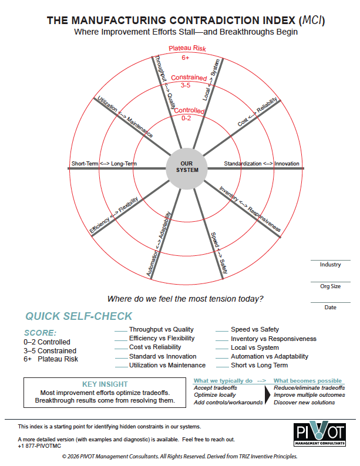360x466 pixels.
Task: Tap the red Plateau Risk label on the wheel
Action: click(185, 49)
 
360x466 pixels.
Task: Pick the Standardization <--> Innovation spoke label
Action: click(262, 163)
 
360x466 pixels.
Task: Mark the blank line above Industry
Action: click(330, 260)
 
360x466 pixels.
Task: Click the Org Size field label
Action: click(330, 286)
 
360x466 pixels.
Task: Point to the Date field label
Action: click(330, 308)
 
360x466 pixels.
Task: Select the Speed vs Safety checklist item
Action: click(255, 330)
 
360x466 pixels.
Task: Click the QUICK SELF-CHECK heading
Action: click(79, 316)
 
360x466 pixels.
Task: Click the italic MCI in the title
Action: click(309, 21)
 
